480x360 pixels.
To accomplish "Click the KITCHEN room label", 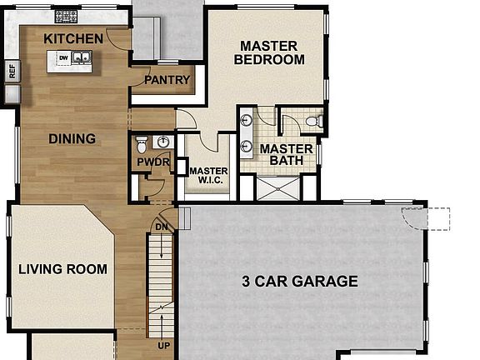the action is [x=73, y=39].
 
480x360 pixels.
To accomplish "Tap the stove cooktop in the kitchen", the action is [x=66, y=16].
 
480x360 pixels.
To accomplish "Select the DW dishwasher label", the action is [x=63, y=57].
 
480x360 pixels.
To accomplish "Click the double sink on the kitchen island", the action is [x=82, y=57].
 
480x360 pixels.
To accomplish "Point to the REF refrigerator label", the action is [x=12, y=71].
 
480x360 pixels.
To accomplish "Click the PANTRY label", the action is [x=167, y=80].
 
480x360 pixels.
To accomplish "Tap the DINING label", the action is [x=72, y=139].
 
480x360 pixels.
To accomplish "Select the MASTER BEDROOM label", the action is [x=269, y=52].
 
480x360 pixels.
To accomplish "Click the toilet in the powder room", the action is [x=142, y=145].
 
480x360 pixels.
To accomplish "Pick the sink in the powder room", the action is [x=163, y=142].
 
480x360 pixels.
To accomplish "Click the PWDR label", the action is [x=153, y=162].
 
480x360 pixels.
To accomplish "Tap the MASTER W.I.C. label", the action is [x=209, y=175].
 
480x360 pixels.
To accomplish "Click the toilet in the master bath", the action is [x=314, y=121].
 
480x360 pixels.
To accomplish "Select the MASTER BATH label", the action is [x=286, y=155].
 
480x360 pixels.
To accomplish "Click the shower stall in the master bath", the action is [x=278, y=188].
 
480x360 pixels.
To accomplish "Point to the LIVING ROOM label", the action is [x=62, y=269].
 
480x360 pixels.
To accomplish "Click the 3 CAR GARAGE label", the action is [x=300, y=282].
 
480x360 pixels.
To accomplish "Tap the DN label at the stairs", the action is [x=162, y=227].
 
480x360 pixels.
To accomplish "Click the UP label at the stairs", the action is [x=164, y=346].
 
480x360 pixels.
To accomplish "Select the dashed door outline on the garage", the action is [x=426, y=218].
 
